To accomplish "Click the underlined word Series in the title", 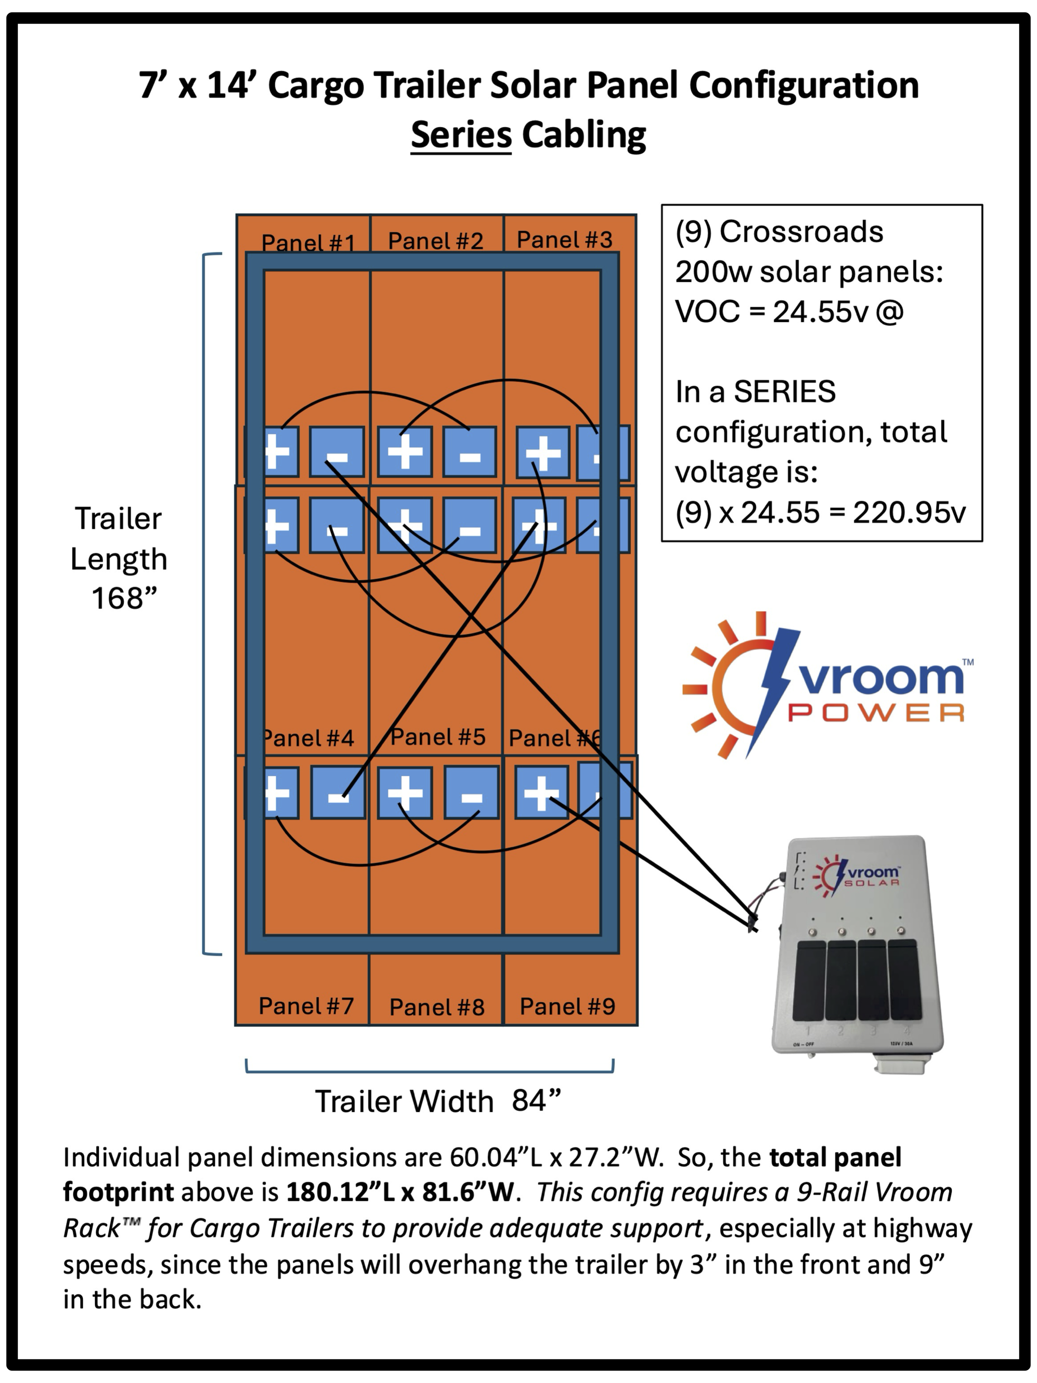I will pyautogui.click(x=461, y=135).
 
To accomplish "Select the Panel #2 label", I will pyautogui.click(x=436, y=241).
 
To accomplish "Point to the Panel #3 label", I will pyautogui.click(x=565, y=239).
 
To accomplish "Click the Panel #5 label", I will pyautogui.click(x=437, y=737).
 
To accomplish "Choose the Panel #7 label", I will pyautogui.click(x=306, y=1006).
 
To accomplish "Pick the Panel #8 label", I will pyautogui.click(x=437, y=1007).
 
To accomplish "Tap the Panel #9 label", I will pyautogui.click(x=567, y=1007).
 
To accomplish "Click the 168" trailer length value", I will pyautogui.click(x=124, y=598).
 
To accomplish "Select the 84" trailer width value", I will pyautogui.click(x=536, y=1100).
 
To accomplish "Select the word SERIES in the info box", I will pyautogui.click(x=784, y=392).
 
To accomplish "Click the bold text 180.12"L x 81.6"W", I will pyautogui.click(x=400, y=1192).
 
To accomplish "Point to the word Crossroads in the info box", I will pyautogui.click(x=801, y=232).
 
